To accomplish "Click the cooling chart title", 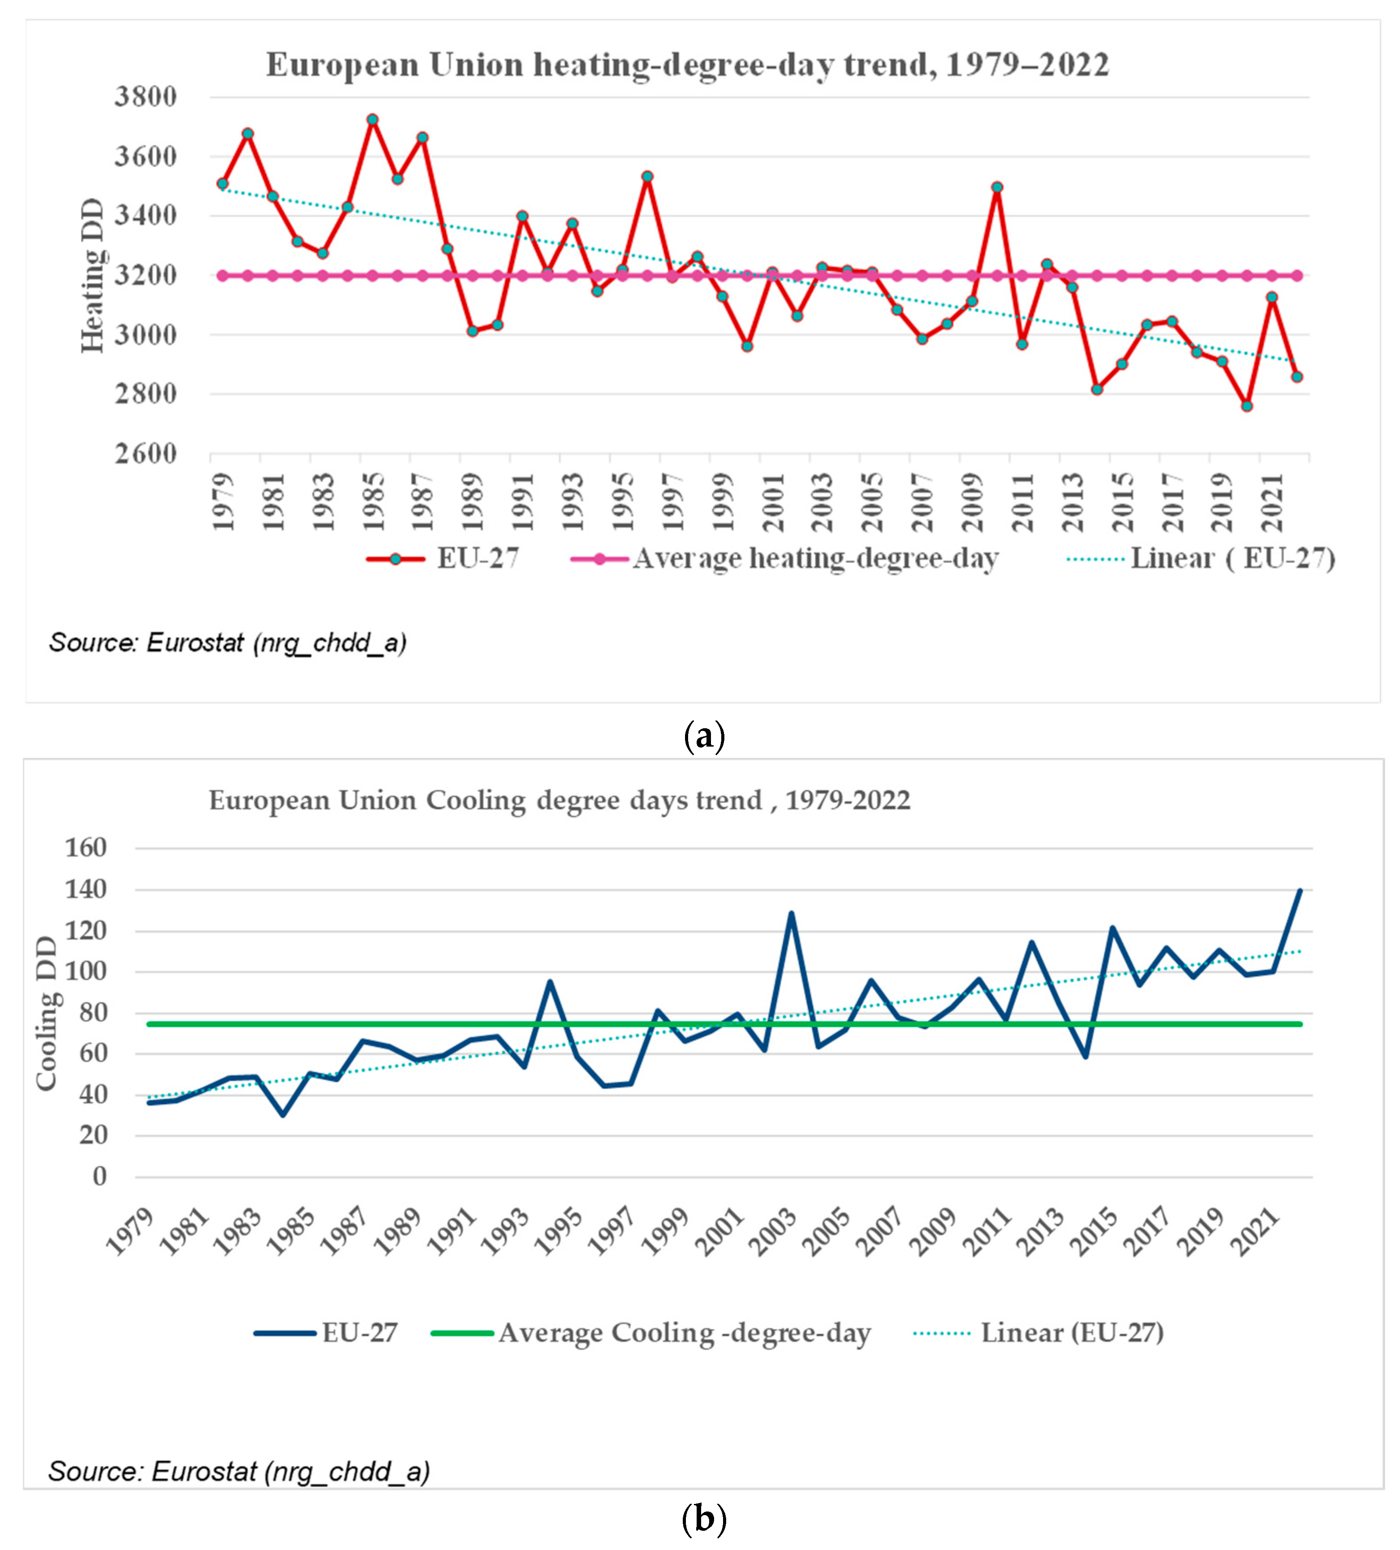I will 559,800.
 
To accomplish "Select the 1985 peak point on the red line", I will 372,120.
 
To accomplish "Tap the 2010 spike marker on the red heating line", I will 997,187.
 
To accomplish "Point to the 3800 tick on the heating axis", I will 145,98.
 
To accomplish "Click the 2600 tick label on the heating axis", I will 145,454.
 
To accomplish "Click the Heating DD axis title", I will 92,275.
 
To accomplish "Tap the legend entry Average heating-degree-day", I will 815,559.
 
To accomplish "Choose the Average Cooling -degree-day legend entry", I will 684,1333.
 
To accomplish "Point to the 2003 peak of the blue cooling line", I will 790,913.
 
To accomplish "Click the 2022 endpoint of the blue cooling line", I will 1299,890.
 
